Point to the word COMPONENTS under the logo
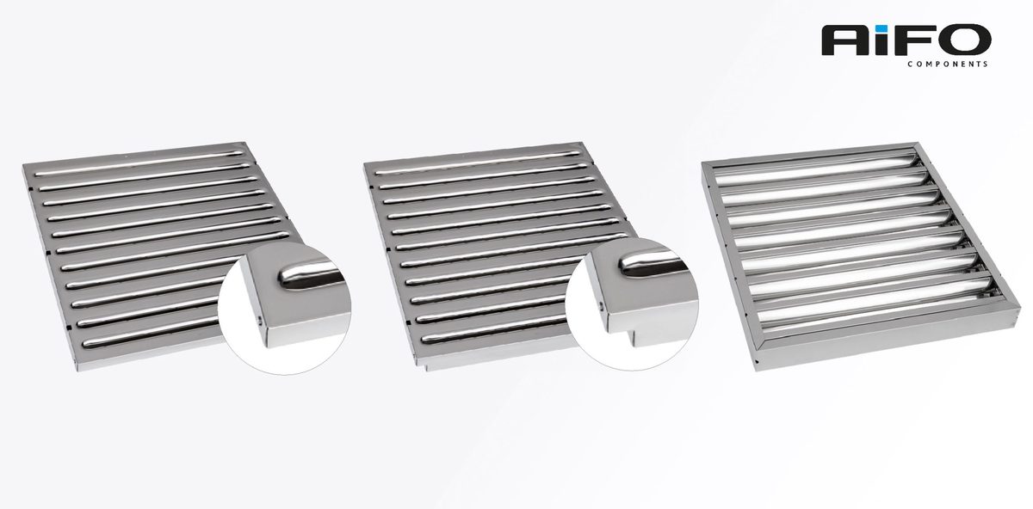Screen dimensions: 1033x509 tap(947, 64)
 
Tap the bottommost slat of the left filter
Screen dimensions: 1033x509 tap(152, 334)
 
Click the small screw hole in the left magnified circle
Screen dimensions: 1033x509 tap(260, 318)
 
